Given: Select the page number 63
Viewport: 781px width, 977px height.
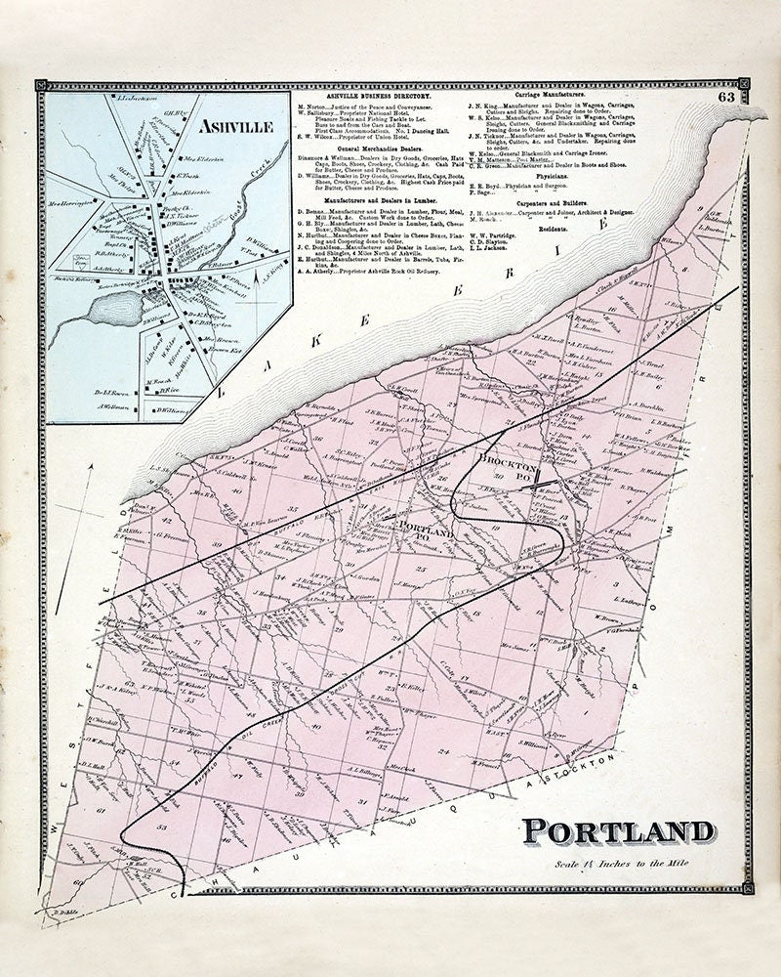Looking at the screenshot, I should coord(725,97).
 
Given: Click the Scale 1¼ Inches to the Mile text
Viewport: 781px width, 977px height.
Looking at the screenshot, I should coord(621,864).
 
